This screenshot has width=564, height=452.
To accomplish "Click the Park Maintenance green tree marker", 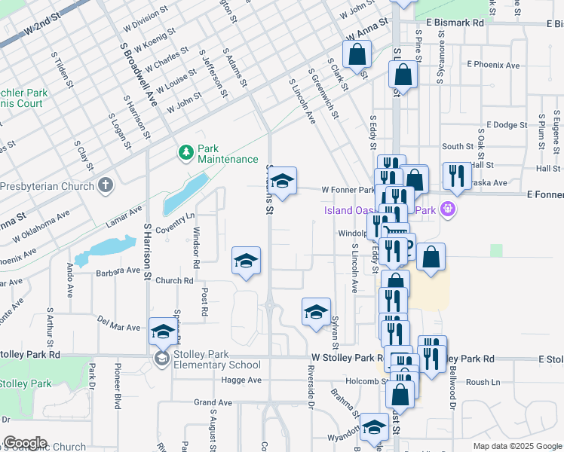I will [185, 153].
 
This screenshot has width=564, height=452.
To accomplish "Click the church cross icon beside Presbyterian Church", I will [106, 185].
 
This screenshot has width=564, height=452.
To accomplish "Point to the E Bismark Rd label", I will [453, 23].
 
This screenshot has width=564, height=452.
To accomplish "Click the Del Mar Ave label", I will [119, 322].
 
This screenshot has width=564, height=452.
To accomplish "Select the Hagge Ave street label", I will [242, 380].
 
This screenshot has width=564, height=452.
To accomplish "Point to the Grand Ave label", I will [213, 403].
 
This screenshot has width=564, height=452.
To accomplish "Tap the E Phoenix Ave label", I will [493, 66].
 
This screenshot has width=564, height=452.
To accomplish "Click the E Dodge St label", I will [506, 125].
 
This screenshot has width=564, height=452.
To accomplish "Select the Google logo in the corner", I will [25, 443].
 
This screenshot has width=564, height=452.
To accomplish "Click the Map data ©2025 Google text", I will [516, 446].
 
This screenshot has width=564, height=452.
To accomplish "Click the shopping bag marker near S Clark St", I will [357, 54].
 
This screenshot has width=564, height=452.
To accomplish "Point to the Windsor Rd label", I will [197, 248].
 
